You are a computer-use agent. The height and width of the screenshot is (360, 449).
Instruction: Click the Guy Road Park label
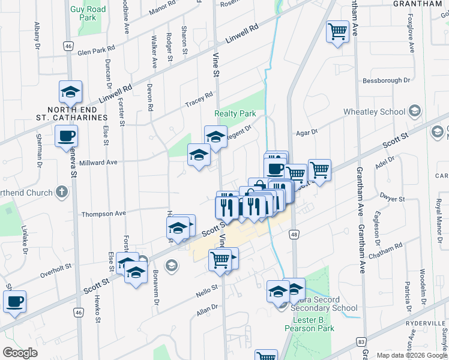pyautogui.click(x=88, y=13)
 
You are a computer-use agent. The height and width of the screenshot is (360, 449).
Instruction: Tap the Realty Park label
pyautogui.click(x=235, y=113)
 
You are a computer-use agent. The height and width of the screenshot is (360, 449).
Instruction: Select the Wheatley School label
pyautogui.click(x=374, y=112)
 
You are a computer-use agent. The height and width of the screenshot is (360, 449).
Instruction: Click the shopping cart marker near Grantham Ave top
pyautogui.click(x=338, y=31)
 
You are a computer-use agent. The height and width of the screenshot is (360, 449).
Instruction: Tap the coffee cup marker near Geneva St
pyautogui.click(x=67, y=135)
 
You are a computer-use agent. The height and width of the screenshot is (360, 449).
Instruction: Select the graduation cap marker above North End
pyautogui.click(x=70, y=92)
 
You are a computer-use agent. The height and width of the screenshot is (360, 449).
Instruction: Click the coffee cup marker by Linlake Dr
pyautogui.click(x=14, y=301)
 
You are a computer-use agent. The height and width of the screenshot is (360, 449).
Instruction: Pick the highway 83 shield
pyautogui.click(x=361, y=341)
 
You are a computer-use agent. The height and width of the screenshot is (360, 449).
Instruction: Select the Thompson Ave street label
pyautogui.click(x=104, y=214)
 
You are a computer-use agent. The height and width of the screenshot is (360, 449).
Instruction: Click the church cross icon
pyautogui.click(x=61, y=192)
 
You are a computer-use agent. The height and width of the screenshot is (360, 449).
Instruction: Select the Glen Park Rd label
pyautogui.click(x=95, y=50)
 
